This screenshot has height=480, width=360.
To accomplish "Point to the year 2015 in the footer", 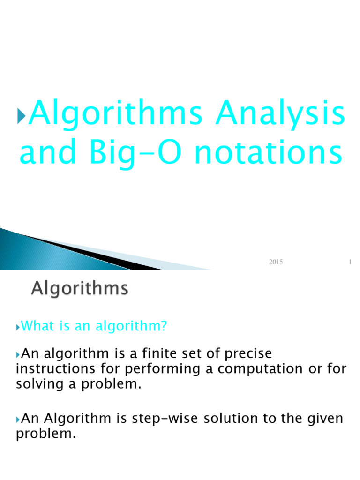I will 276,262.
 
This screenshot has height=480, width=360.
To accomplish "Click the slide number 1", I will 350,262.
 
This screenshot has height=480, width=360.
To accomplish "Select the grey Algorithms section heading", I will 79,288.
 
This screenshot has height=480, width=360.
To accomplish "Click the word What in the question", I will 38,326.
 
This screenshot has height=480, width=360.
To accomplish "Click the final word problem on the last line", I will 45,434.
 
